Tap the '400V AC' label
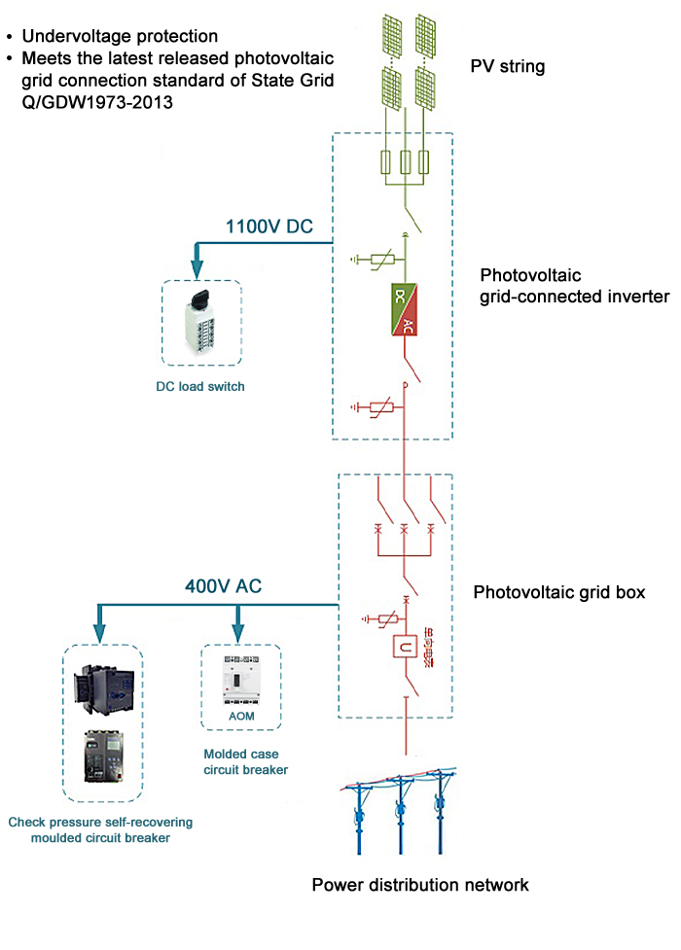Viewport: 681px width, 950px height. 223,587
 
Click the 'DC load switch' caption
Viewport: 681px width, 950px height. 200,386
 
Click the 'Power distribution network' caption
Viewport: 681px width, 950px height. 420,885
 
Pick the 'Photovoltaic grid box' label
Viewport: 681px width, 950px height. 558,591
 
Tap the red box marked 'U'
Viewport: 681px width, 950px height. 405,647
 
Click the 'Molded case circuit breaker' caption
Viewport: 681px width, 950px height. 246,761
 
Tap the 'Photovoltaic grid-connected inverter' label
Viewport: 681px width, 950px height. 575,286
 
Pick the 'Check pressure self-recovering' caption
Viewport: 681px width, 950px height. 101,823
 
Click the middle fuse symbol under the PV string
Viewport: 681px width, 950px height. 405,162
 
